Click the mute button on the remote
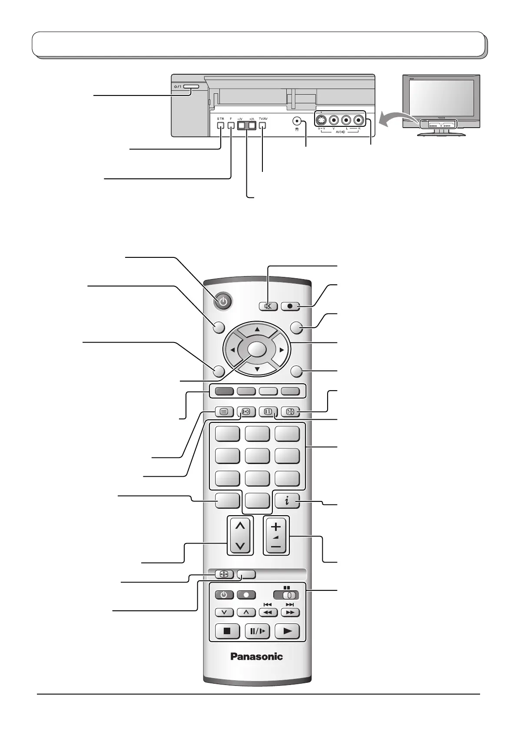coord(268,306)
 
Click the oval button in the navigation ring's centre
coord(257,349)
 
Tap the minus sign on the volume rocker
coord(276,547)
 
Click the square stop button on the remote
coord(227,631)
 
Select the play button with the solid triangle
coord(287,631)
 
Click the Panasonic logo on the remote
coord(257,657)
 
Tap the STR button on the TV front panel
coord(221,126)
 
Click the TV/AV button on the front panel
coord(263,126)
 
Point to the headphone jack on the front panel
coord(297,121)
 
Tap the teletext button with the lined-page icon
coord(224,412)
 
